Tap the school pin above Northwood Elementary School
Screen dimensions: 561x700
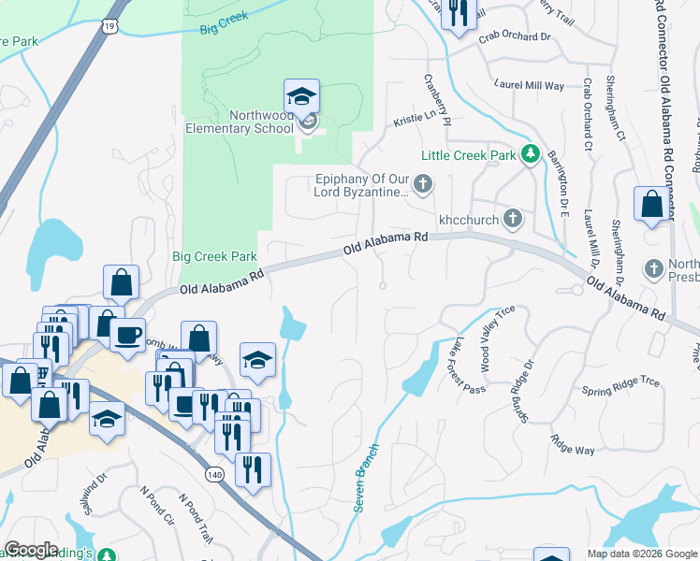click(301, 97)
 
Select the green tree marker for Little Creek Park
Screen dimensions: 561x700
click(531, 152)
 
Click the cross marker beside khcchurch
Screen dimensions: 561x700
click(512, 219)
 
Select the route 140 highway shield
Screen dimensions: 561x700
click(216, 474)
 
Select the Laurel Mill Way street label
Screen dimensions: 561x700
click(530, 85)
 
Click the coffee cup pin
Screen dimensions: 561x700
click(127, 334)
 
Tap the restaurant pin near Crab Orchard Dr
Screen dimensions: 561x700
click(456, 14)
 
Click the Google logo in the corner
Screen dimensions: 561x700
click(31, 550)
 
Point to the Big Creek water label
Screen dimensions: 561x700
click(222, 29)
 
